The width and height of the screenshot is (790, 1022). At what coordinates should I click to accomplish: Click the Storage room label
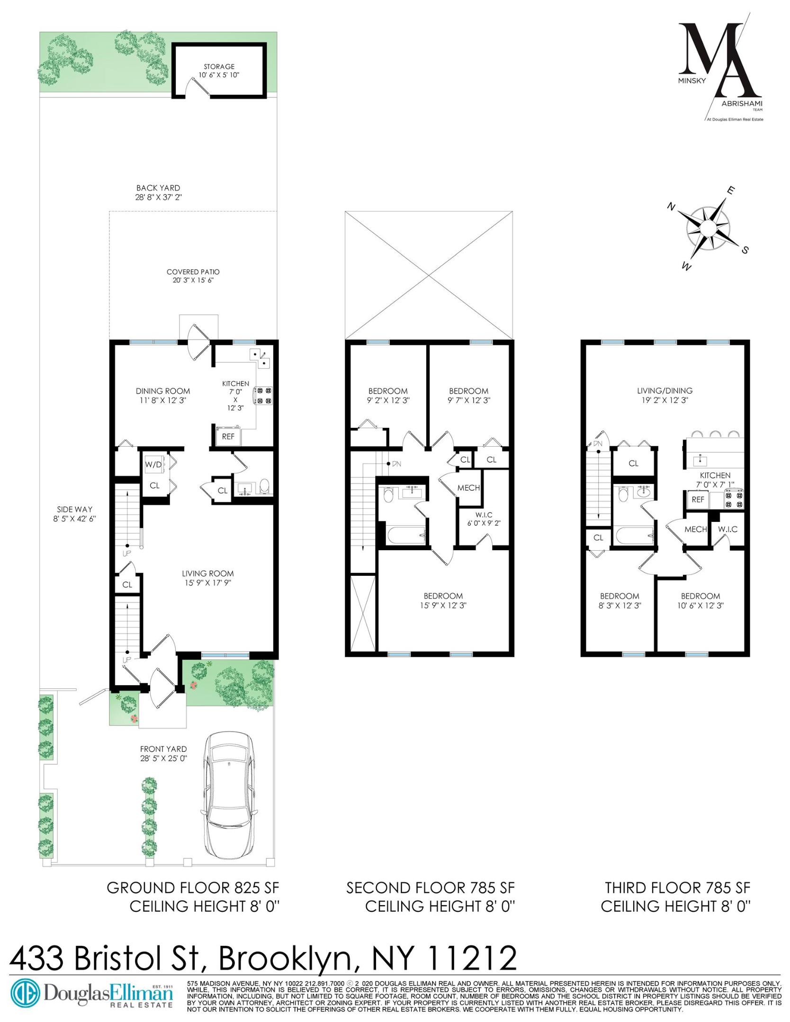point(219,71)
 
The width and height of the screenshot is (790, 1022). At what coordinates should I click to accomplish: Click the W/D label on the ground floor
point(153,465)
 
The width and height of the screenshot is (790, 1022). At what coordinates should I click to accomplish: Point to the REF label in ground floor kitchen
point(228,436)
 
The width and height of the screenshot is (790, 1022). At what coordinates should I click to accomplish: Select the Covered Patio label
point(193,276)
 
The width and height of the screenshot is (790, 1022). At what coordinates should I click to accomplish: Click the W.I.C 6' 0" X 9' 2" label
point(481,519)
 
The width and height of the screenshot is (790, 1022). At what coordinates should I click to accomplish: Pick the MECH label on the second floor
point(468,488)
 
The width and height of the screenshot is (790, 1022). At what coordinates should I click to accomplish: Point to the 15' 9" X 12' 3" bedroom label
point(443,600)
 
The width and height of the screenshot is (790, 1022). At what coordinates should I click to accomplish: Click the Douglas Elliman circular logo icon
point(25,992)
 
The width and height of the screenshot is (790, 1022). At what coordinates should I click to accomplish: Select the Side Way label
point(75,514)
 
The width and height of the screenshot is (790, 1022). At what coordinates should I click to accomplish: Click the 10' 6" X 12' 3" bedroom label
point(700,600)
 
